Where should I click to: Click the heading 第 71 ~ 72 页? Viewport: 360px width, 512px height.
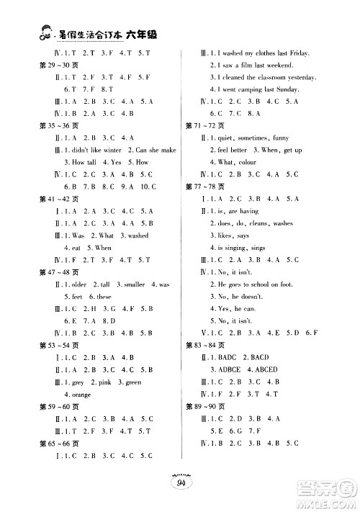pos(204,125)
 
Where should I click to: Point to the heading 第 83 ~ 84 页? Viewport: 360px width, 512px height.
pos(204,346)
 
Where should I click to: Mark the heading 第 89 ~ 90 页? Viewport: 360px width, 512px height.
pos(204,408)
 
